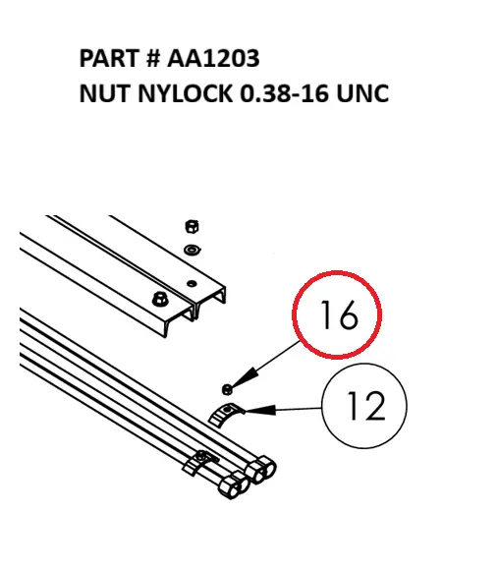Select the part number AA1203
213,59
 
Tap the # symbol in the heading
151,59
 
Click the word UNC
363,94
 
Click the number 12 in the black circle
364,404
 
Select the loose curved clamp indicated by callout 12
226,414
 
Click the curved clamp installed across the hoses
203,458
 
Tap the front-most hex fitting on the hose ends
230,484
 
